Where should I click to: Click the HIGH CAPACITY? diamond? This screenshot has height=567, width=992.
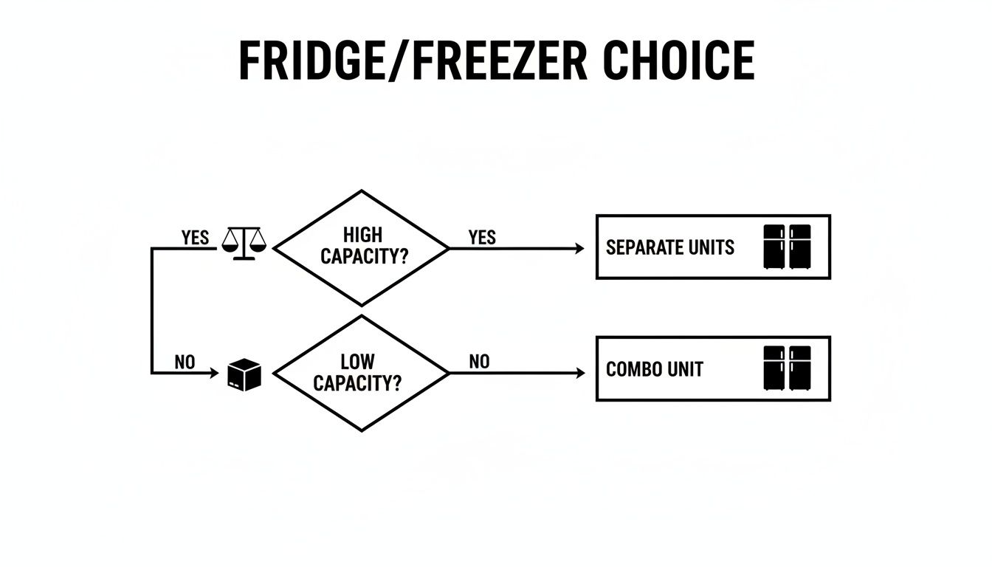click(x=362, y=248)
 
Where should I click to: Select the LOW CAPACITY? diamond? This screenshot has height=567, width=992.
click(x=362, y=374)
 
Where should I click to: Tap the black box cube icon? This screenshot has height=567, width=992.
click(x=245, y=375)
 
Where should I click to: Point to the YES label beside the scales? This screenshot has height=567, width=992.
click(x=195, y=238)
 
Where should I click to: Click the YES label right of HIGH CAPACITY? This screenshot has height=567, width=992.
click(x=482, y=238)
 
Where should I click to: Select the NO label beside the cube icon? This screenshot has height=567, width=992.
click(x=185, y=362)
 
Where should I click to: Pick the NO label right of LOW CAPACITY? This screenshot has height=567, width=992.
click(x=479, y=362)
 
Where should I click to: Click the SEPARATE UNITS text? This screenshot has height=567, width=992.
click(x=670, y=247)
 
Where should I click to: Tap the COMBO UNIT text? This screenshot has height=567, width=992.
click(x=654, y=369)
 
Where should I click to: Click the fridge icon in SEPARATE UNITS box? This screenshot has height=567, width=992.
click(x=787, y=247)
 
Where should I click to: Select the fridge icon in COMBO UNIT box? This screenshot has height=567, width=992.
click(x=787, y=368)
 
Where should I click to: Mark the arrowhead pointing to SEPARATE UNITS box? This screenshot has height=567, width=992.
click(x=580, y=249)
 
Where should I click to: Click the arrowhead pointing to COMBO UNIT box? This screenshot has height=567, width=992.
click(x=580, y=374)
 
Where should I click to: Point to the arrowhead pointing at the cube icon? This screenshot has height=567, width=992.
click(x=216, y=374)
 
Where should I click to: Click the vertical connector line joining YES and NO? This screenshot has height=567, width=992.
click(x=152, y=310)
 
